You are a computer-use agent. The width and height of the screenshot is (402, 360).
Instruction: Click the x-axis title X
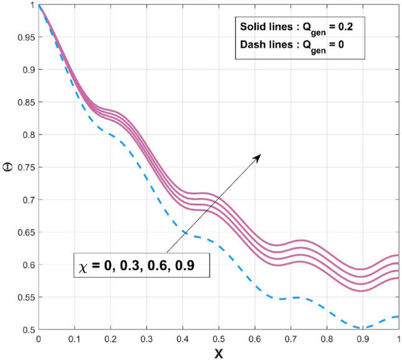point(218,353)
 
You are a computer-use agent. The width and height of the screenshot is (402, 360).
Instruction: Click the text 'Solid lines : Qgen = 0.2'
point(297,28)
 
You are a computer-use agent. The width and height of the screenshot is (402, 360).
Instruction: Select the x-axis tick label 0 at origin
point(39,339)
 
